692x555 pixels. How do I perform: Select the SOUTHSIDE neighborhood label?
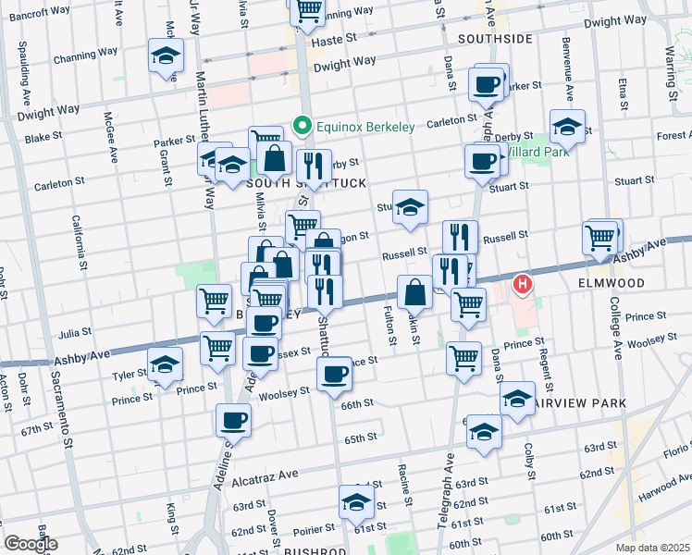[495, 39]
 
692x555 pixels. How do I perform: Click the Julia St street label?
[75, 331]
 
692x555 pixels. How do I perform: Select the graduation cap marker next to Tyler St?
[165, 365]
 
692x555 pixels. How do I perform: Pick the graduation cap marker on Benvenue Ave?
[567, 127]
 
